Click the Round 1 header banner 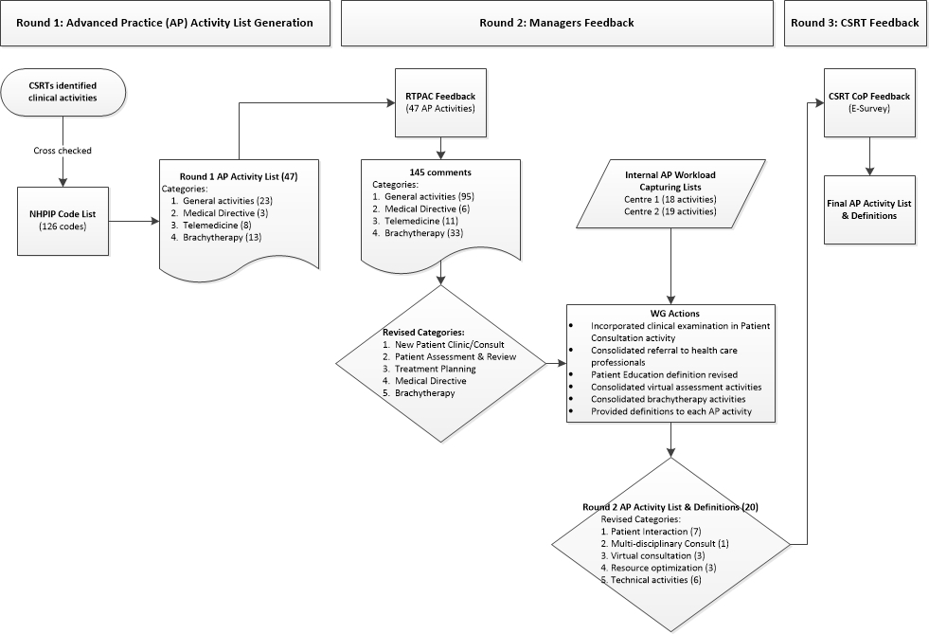165,23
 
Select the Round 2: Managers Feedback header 557,23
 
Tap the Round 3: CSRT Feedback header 855,23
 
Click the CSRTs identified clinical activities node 63,92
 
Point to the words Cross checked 63,151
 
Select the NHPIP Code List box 63,221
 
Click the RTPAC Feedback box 440,102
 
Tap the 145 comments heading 440,172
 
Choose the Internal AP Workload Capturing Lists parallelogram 670,194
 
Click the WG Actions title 670,314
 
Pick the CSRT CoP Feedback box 869,102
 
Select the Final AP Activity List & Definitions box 869,209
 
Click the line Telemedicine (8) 211,226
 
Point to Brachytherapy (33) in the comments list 418,233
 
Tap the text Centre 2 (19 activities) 670,211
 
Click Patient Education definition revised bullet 664,375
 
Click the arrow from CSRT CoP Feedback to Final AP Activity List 869,156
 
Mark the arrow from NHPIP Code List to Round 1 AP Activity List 134,221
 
